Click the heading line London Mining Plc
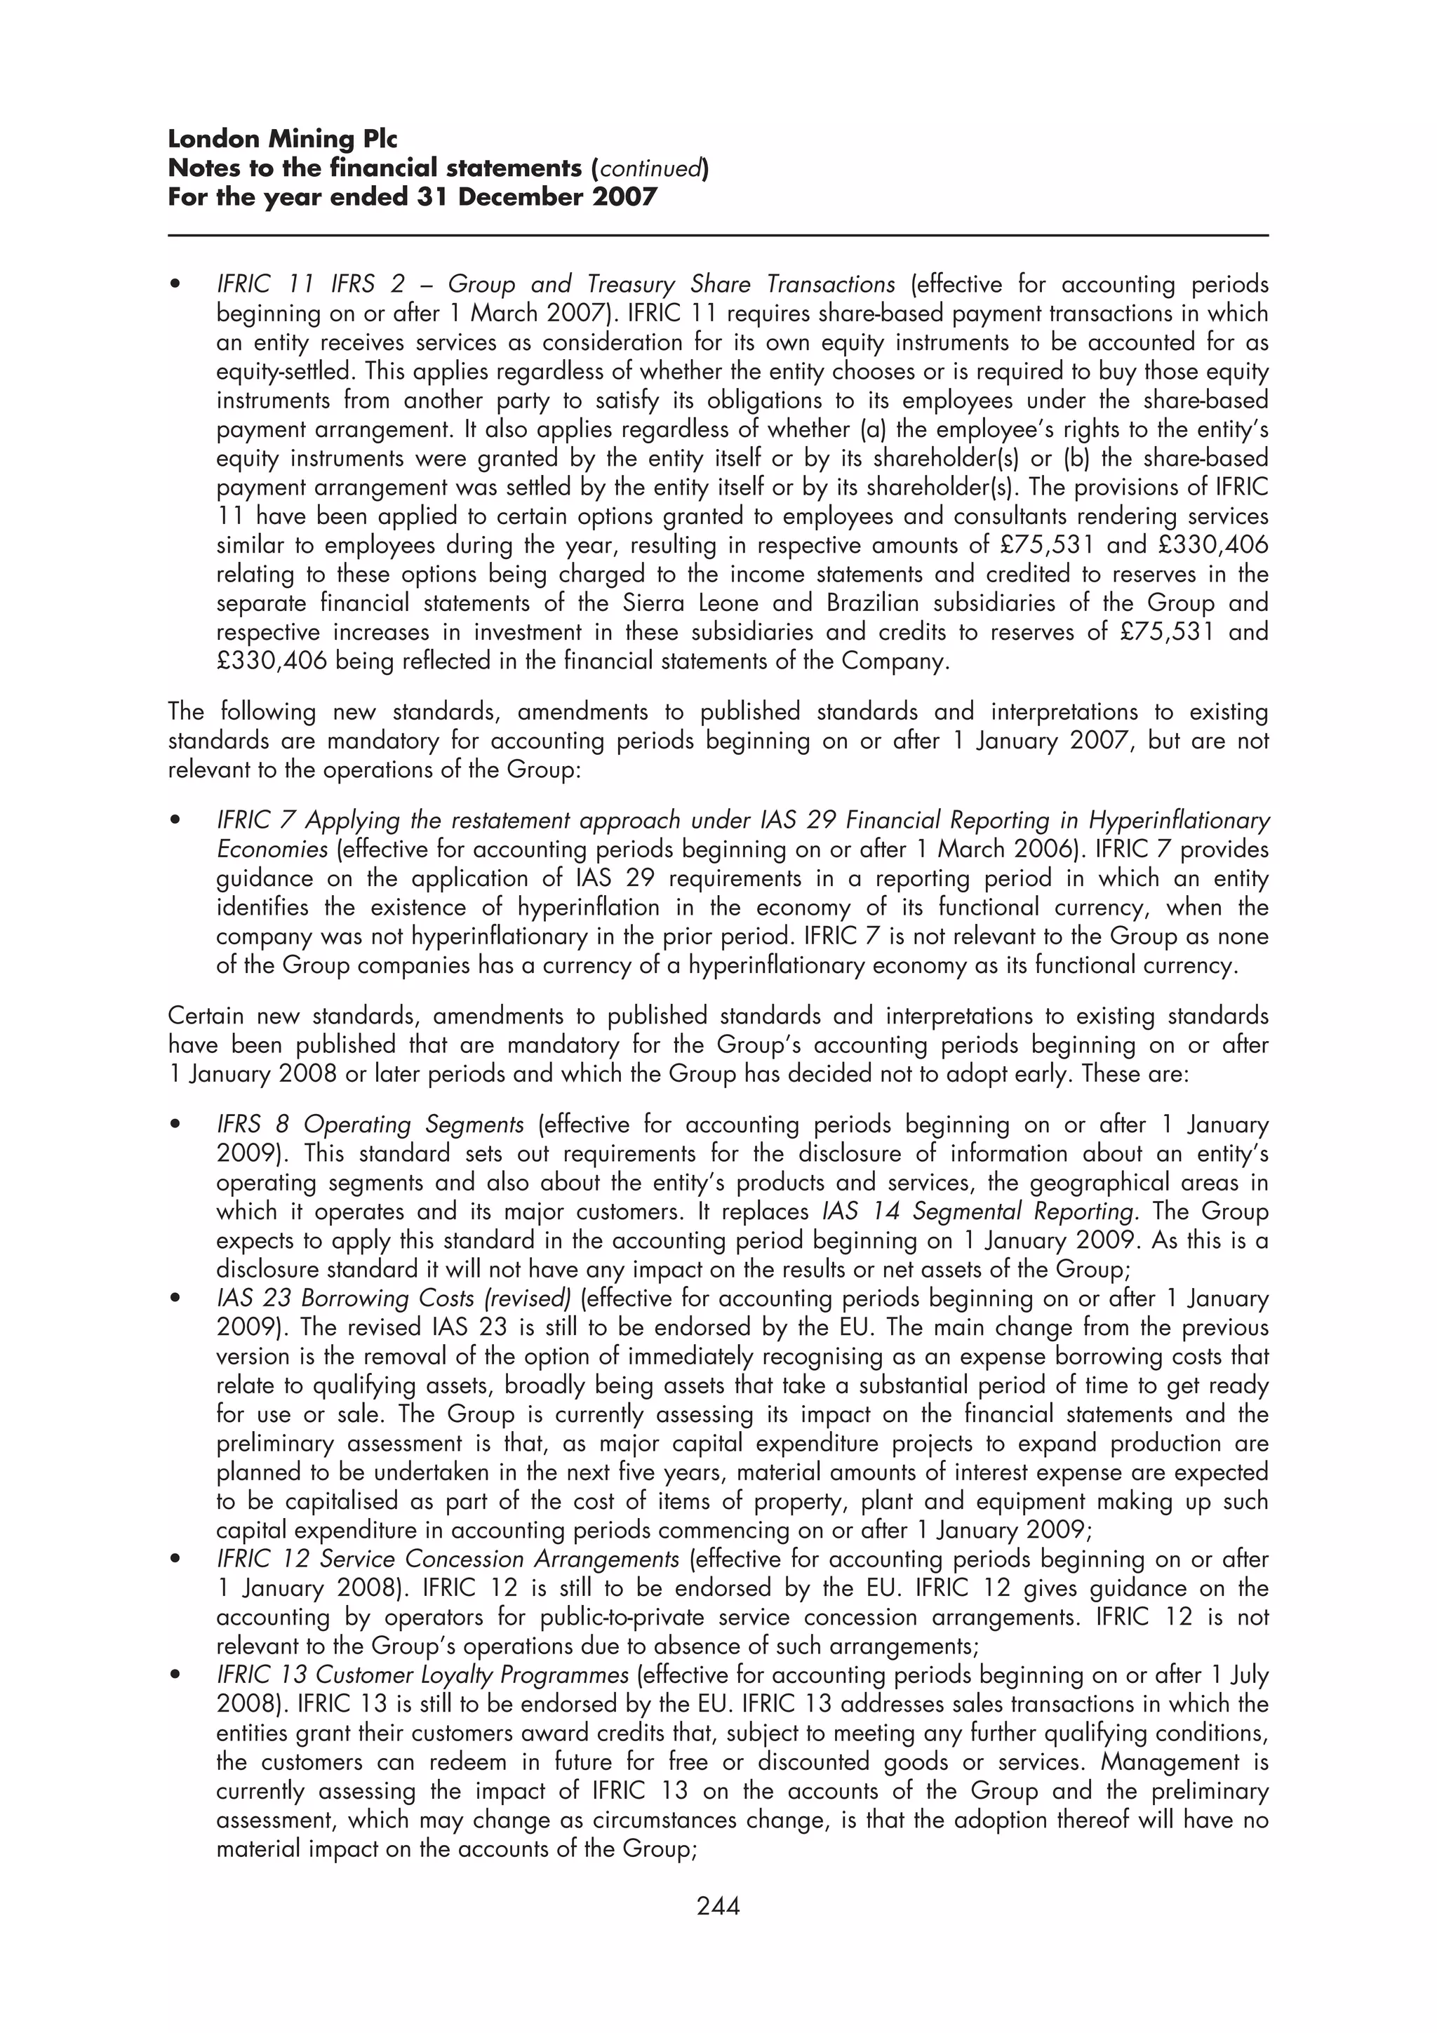283,139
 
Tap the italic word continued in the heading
650,168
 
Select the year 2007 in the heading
625,196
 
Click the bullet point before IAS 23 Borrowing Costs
176,1300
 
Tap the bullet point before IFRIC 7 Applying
176,821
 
